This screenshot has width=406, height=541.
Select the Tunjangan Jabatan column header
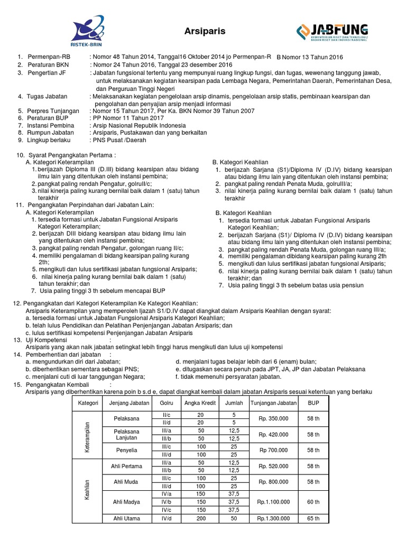pos(274,403)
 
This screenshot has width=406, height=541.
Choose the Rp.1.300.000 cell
pos(274,518)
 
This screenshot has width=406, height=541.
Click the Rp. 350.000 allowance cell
pos(274,418)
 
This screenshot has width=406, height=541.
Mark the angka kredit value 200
pos(201,518)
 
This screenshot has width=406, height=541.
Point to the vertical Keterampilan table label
pos(87,436)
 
